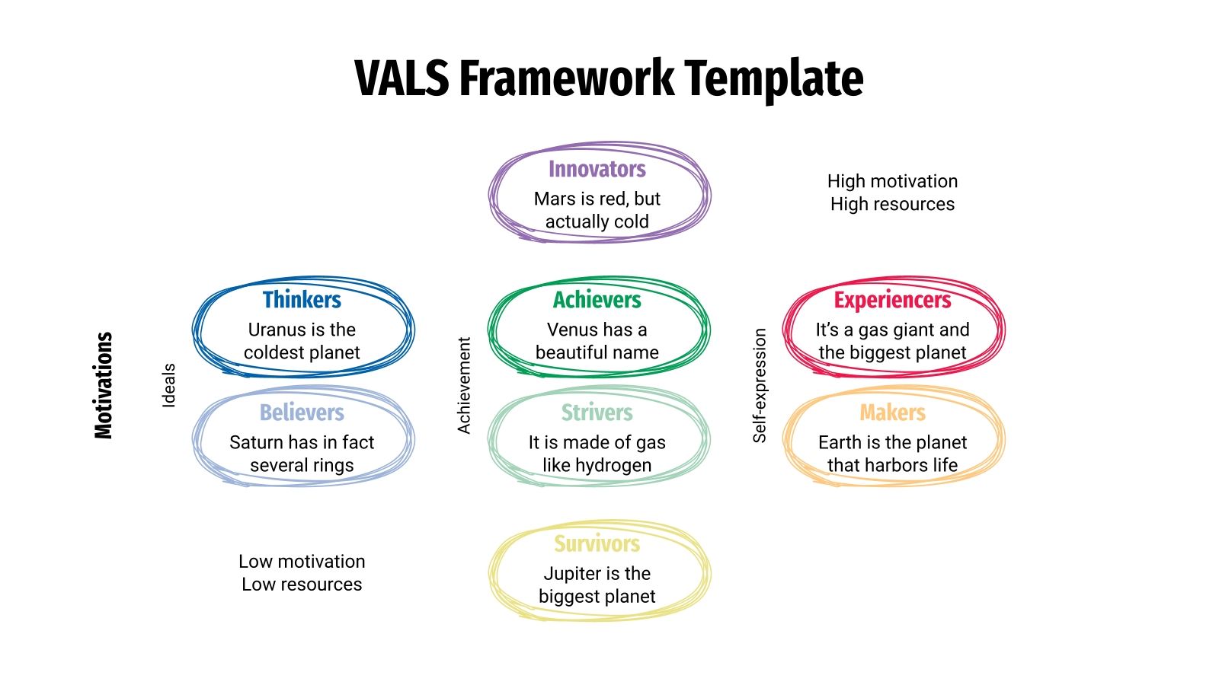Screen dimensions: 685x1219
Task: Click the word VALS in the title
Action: pos(402,78)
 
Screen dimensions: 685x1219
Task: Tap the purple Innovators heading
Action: pos(597,169)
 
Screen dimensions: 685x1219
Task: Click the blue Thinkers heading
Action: pos(302,300)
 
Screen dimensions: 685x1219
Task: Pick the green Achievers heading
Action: pos(597,300)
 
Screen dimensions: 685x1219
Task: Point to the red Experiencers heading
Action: pos(892,300)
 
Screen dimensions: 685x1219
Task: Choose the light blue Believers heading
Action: pos(302,413)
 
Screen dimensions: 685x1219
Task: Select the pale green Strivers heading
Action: pos(597,413)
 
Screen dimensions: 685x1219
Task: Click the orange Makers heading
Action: pos(892,413)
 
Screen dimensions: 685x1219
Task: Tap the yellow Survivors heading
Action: pos(597,543)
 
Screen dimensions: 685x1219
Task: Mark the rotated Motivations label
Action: pos(104,385)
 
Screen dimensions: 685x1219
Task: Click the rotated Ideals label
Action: pos(169,385)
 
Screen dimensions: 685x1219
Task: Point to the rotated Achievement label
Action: pos(464,385)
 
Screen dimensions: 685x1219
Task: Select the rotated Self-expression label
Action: pos(759,385)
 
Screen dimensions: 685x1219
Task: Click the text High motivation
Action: pos(892,181)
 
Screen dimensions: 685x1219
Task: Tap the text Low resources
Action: pos(302,585)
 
